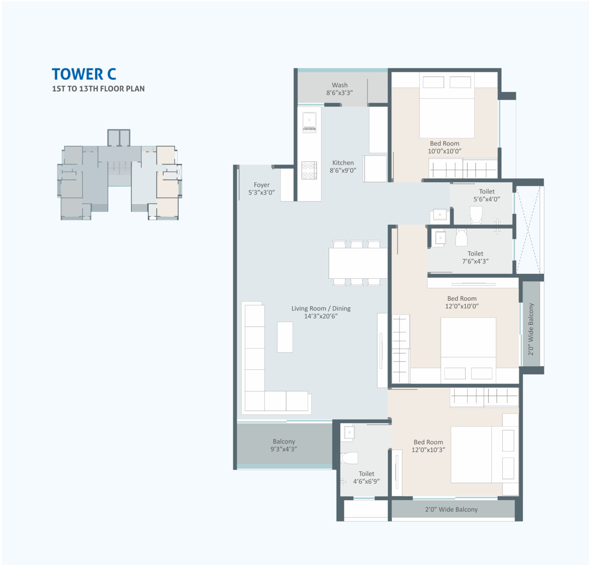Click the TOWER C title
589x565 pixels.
point(84,74)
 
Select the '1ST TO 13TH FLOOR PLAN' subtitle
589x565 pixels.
point(98,89)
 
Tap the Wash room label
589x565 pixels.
point(340,89)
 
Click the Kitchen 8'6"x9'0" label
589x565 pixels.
point(343,167)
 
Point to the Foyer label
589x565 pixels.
point(262,188)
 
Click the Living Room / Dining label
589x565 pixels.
point(321,312)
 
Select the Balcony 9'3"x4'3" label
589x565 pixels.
point(284,445)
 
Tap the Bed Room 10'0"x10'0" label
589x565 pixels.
point(445,147)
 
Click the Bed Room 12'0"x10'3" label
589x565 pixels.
point(428,446)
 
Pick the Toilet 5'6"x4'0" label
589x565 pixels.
point(487,195)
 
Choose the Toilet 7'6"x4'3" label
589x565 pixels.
point(475,257)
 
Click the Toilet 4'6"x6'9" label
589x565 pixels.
point(366,477)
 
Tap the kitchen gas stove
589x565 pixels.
point(309,170)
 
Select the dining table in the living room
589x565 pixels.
point(358,263)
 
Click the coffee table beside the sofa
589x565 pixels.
point(285,337)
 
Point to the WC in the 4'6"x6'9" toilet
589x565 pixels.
point(349,458)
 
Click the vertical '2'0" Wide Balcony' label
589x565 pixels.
point(531,329)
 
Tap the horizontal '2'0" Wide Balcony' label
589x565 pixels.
point(451,509)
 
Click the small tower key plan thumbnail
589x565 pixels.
point(120,175)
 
